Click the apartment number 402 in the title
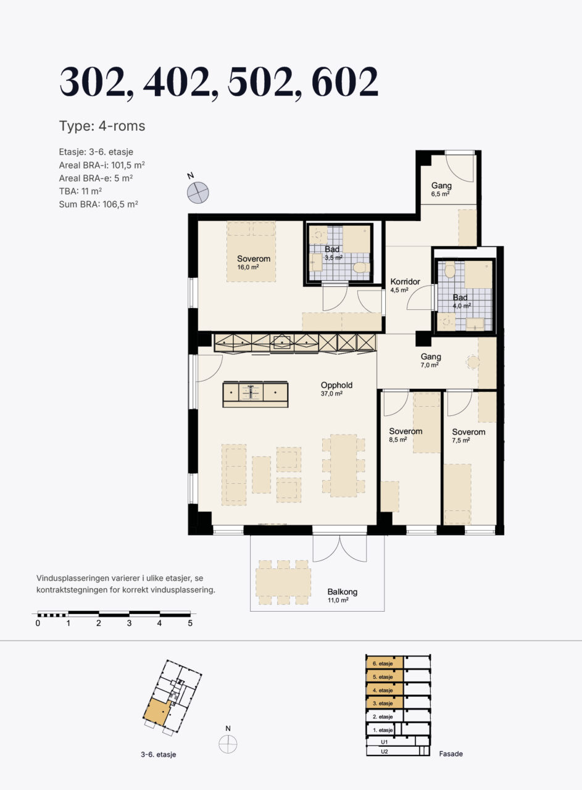pos(177,82)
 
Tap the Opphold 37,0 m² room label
pos(336,389)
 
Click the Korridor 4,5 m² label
pos(405,285)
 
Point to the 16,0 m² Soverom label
pos(254,262)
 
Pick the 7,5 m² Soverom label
pos(468,436)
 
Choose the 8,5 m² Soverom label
pos(405,435)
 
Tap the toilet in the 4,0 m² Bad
pos(449,270)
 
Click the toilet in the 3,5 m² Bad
pos(362,267)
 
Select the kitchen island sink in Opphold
pos(251,392)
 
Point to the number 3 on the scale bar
pos(129,623)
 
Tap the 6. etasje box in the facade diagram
pos(385,663)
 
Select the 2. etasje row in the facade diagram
pos(385,717)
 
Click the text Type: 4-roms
pos(102,126)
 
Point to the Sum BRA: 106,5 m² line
pos(98,204)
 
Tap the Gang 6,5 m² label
pos(441,189)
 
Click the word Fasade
pos(451,754)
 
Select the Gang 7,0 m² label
pos(431,360)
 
